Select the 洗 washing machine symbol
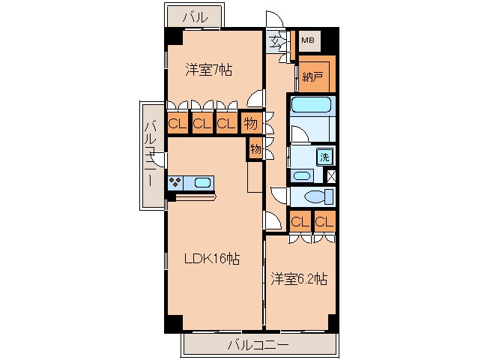(324, 157)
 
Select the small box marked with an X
(331, 177)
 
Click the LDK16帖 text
(213, 259)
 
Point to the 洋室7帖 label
(208, 70)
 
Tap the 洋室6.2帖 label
(299, 279)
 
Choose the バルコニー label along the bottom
(258, 346)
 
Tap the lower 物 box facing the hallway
(255, 148)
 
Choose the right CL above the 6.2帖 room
(324, 221)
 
